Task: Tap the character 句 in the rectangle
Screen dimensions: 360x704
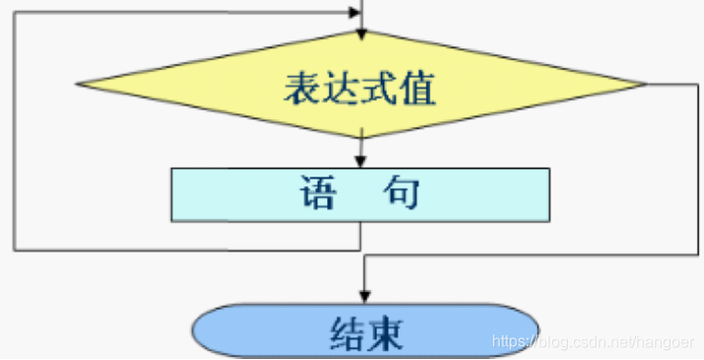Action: [402, 193]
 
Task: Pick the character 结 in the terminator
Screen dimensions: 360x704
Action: [342, 335]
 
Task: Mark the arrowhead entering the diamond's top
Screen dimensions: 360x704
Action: [362, 34]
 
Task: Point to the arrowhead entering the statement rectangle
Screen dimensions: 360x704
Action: [362, 162]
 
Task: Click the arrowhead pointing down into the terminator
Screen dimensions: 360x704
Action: [364, 295]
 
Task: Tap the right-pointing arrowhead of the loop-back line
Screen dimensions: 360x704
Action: [355, 14]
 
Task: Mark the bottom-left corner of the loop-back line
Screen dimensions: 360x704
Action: [14, 250]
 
